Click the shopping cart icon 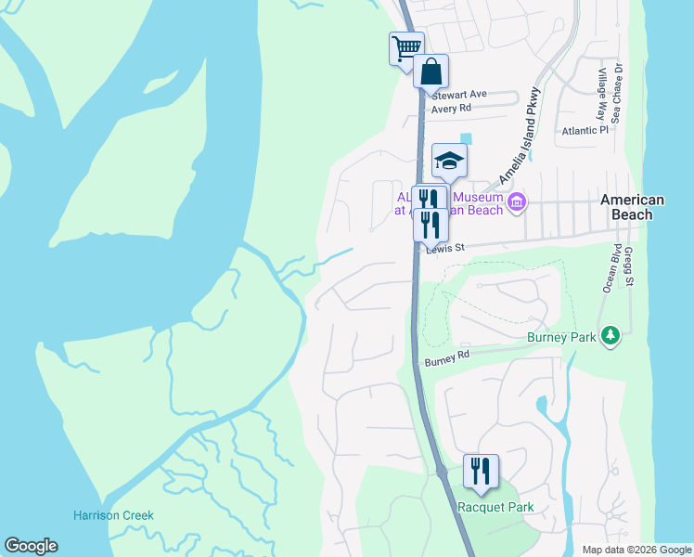(405, 47)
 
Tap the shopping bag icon (431, 71)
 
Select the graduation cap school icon (449, 161)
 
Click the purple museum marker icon (517, 201)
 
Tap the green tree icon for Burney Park (610, 334)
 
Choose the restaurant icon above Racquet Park (480, 471)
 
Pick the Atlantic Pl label (585, 131)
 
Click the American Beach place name (632, 207)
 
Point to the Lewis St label (443, 248)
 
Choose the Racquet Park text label (495, 507)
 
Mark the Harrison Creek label (113, 515)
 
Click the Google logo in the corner (31, 546)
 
